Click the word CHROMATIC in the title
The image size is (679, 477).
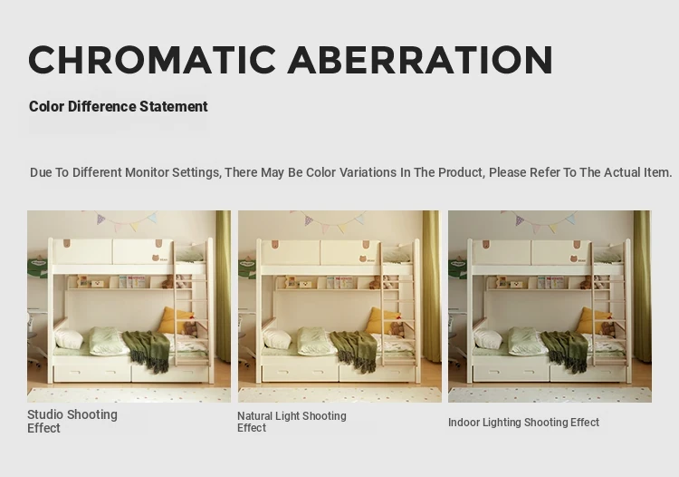pos(152,60)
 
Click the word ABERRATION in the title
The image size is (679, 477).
pos(420,60)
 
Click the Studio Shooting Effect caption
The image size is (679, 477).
pos(72,421)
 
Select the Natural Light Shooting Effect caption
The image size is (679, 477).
pos(292,422)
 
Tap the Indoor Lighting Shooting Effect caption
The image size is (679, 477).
pos(523,423)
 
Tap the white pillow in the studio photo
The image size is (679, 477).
pos(70,338)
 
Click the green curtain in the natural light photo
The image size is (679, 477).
pos(431,287)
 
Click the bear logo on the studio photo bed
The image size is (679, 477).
pos(157,258)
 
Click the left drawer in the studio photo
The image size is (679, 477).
pos(91,374)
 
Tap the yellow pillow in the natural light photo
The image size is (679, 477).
pos(383,320)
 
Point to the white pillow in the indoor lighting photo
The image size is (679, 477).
pos(489,338)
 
